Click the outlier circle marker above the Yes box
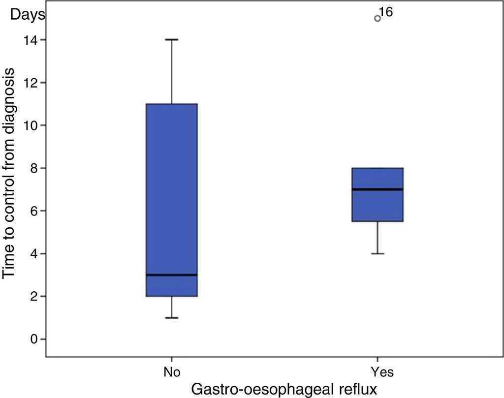pos(378,18)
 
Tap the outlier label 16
pos(386,12)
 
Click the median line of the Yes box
pos(378,189)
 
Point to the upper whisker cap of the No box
pos(171,39)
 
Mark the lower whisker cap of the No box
pos(171,318)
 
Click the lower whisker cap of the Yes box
pos(378,253)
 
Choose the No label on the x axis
pos(171,371)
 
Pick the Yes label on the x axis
pos(378,371)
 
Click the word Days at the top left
pos(28,15)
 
